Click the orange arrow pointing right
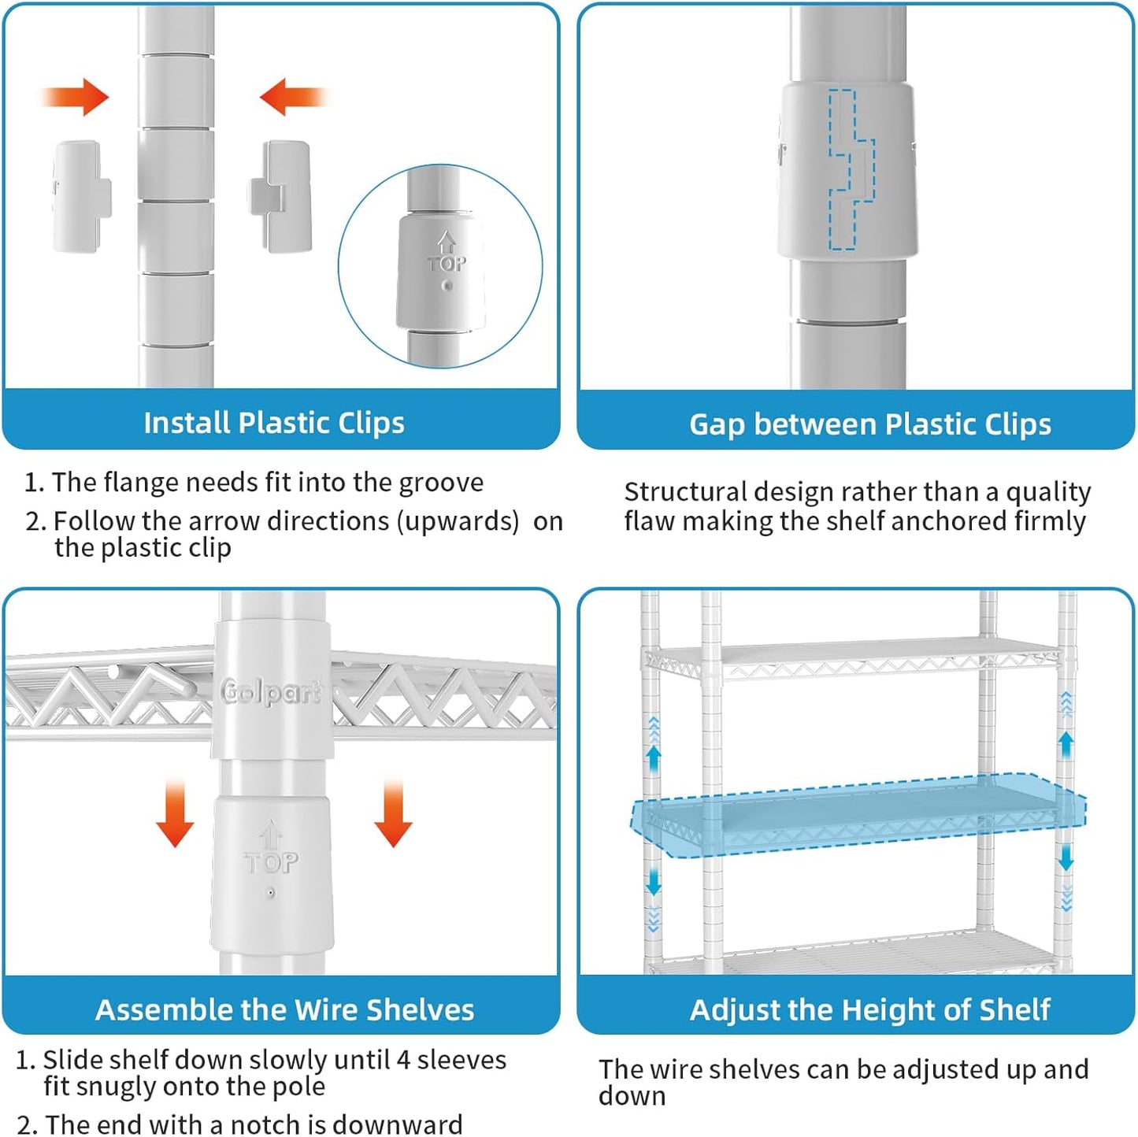coord(75,98)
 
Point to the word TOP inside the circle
coord(447,263)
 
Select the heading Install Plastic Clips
coord(274,423)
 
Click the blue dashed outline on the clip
coord(850,170)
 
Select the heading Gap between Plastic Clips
coord(870,424)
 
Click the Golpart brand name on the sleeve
coord(270,693)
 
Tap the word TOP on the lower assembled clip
coord(271,863)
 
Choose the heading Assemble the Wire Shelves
coord(284,1009)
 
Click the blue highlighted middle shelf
coord(858,815)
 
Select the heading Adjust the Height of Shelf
coord(869,1009)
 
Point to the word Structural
coord(685,492)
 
